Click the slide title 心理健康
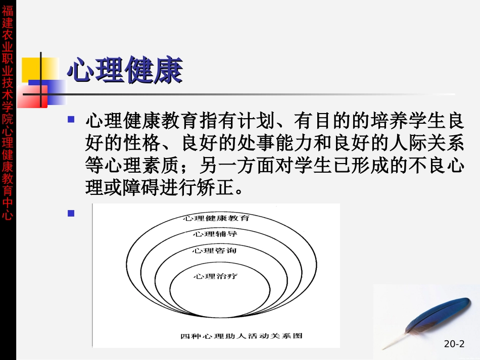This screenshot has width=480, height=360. [x=124, y=71]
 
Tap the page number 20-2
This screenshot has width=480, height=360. [x=454, y=344]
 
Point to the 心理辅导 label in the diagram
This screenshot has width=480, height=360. [x=215, y=234]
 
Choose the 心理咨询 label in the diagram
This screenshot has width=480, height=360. [x=215, y=250]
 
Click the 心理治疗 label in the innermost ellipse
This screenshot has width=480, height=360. [x=215, y=276]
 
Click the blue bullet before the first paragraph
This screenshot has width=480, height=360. [x=71, y=119]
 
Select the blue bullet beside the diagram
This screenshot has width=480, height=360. [x=71, y=213]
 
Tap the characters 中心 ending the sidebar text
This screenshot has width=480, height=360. [x=8, y=210]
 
